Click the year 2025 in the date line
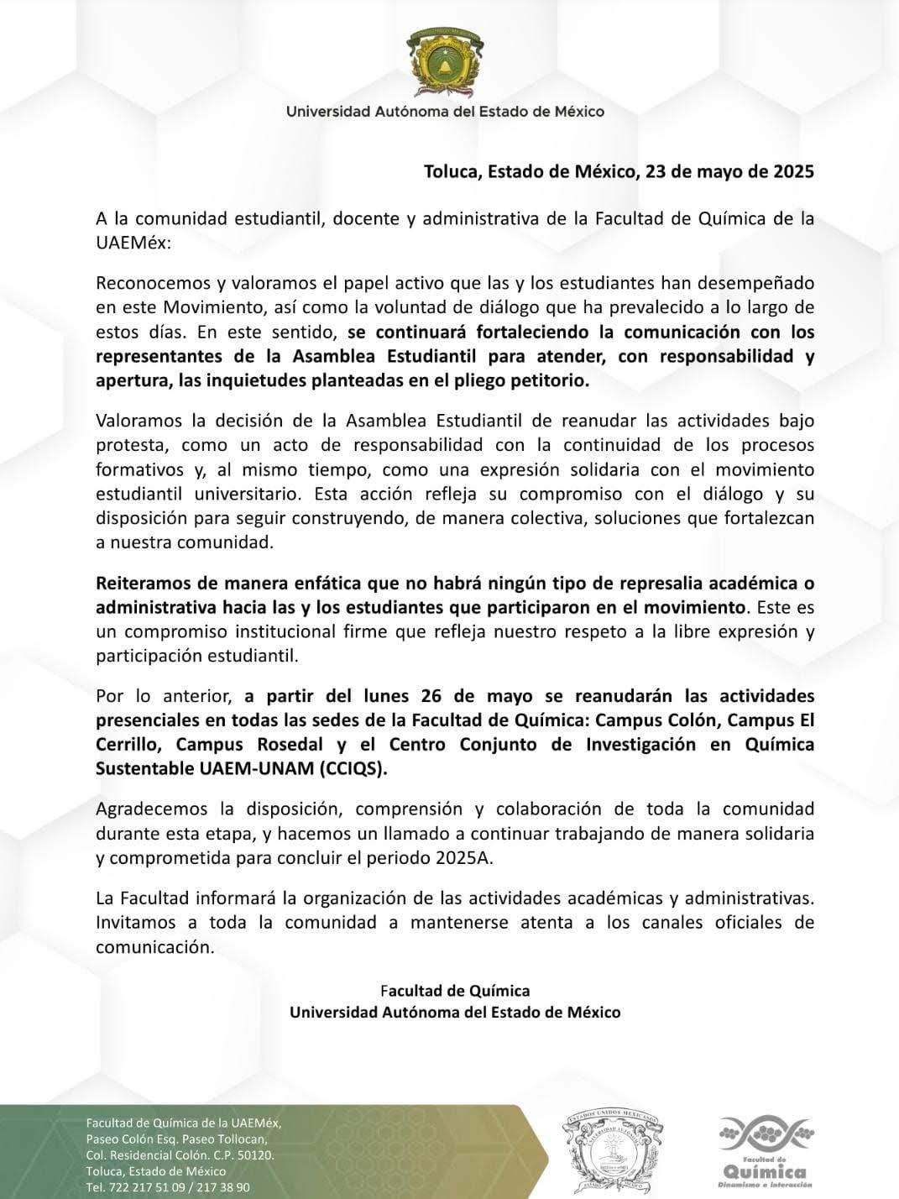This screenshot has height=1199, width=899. [792, 172]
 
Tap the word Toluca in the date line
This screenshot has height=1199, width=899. [451, 172]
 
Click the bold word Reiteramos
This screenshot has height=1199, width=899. [139, 583]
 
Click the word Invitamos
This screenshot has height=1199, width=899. [134, 923]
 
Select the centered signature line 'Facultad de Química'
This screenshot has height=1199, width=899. [455, 991]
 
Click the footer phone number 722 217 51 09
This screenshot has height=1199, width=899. [144, 1187]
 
